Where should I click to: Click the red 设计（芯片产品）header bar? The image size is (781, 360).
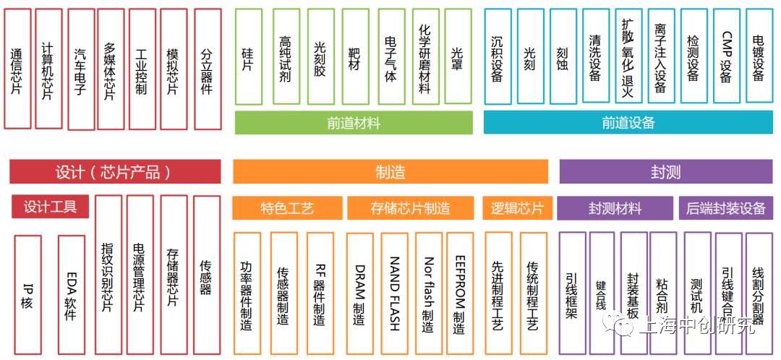115,172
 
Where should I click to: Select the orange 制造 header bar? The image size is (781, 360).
391,172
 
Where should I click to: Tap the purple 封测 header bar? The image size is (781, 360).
665,172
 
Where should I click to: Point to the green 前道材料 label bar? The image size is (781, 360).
354,123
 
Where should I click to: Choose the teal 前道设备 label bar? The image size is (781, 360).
628,123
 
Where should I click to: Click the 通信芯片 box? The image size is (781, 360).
17,68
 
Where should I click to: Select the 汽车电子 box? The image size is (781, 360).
80,69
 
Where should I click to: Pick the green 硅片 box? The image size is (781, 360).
248,57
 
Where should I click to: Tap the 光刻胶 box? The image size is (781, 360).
320,57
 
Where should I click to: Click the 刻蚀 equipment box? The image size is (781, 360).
563,57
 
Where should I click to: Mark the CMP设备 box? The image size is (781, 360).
726,57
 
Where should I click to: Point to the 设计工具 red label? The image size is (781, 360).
50,207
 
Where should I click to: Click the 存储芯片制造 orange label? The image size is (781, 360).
411,208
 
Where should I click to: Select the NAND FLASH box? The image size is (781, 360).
394,293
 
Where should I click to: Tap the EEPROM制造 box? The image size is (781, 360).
459,293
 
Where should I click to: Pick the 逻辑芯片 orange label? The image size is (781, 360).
517,208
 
